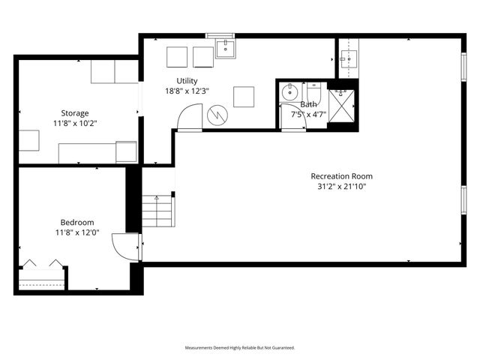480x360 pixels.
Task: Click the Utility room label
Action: coord(187,81)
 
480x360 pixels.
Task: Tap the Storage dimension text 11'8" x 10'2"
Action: coord(76,123)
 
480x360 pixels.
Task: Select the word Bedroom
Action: coord(77,222)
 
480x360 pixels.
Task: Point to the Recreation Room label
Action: coord(341,176)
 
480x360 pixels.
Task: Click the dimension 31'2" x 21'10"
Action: coord(341,187)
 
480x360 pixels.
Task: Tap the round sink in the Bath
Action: coord(289,94)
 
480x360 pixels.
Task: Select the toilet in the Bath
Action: coord(313,93)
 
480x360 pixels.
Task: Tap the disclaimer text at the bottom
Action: coord(240,348)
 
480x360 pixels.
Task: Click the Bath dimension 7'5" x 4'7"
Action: coord(308,115)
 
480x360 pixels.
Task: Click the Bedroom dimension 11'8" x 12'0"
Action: coord(77,232)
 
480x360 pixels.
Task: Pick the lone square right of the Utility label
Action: coord(243,96)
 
